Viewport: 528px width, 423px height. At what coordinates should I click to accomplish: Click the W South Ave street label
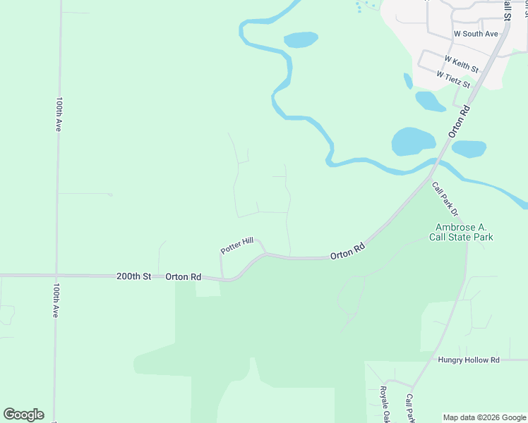pos(476,33)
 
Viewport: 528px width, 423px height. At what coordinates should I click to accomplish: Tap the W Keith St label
pos(462,65)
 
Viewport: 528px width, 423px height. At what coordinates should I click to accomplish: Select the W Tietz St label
pos(453,79)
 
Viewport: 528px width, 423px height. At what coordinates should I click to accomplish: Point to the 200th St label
pos(134,277)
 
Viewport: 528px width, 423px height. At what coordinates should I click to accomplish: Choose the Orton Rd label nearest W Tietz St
pos(458,121)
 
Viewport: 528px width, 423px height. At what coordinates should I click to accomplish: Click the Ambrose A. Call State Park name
pos(464,232)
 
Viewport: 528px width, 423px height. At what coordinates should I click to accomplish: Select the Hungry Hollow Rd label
pos(468,360)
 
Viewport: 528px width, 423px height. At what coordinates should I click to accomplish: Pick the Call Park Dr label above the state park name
pos(445,199)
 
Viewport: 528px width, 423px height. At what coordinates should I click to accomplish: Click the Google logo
pos(23,415)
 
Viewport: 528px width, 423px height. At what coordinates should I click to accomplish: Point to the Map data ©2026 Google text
pos(484,417)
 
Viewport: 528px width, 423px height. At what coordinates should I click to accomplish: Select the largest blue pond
pos(413,141)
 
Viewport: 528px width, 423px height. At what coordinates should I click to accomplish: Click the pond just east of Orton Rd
pos(469,149)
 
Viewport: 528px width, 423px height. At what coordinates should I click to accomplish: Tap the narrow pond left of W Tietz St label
pos(408,81)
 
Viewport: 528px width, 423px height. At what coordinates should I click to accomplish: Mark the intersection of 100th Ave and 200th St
pos(57,276)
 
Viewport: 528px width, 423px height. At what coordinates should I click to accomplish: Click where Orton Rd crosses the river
pos(435,164)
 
